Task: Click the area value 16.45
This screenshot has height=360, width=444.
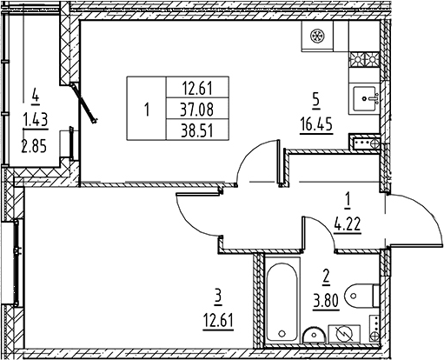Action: point(316,125)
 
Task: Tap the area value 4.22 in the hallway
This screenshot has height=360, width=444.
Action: point(348,224)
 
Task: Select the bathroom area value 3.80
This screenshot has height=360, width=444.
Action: point(326,301)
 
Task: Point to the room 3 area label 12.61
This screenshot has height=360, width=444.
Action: point(218,321)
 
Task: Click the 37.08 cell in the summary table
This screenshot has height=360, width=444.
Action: point(197,110)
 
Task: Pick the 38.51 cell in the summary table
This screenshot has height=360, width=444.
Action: point(197,130)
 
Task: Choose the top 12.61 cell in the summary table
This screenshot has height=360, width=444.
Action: point(197,88)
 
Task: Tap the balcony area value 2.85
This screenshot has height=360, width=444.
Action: point(34,146)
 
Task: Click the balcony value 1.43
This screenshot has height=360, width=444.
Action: point(36,120)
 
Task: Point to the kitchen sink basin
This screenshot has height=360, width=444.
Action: point(365,98)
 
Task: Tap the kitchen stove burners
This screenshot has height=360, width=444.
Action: point(364,59)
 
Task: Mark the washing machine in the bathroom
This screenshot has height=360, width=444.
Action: point(344,334)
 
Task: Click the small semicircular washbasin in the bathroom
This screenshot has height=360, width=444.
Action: point(315,336)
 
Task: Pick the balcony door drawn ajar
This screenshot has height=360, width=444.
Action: point(84,103)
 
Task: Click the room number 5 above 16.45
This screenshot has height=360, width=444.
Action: point(315,101)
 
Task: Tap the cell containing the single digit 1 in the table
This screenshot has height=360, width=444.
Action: point(147,109)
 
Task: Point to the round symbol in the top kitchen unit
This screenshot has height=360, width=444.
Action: point(317,36)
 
